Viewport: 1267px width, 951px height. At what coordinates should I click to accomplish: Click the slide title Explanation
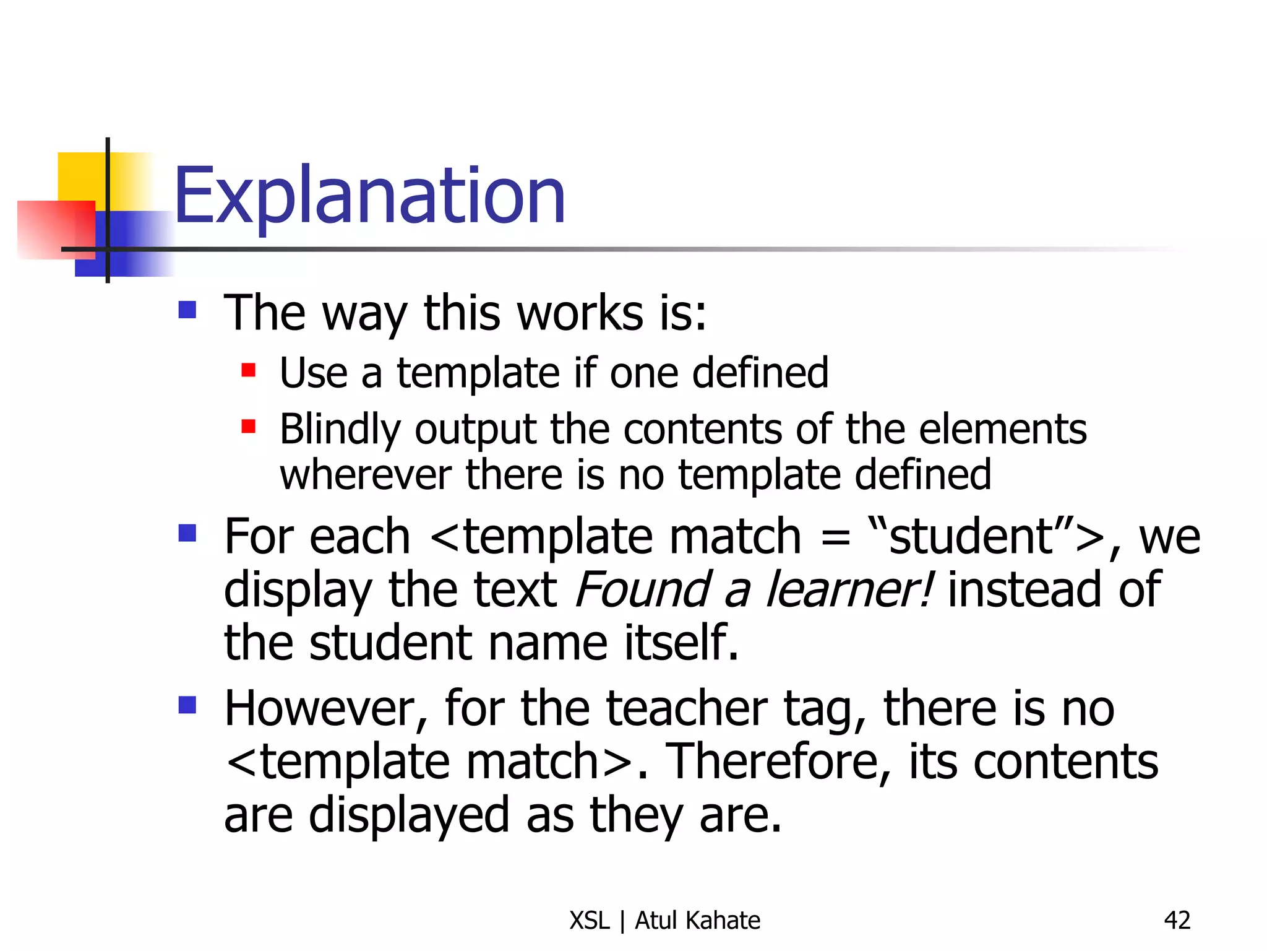[369, 197]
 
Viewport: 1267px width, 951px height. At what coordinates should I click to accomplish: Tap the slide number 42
[1177, 920]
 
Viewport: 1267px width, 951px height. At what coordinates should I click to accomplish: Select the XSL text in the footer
[590, 920]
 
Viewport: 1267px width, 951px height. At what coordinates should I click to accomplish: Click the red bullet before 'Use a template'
[249, 370]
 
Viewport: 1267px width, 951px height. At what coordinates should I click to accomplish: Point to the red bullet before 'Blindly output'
[249, 427]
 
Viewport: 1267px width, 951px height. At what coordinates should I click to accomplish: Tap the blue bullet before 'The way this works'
[187, 310]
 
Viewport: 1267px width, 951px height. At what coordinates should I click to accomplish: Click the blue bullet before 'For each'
[187, 533]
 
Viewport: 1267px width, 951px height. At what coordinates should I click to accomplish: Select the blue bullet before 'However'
[187, 705]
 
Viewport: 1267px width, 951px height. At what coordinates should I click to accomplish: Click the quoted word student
[972, 536]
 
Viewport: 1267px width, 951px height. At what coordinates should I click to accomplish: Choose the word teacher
[687, 708]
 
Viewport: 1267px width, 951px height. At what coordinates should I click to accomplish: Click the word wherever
[365, 475]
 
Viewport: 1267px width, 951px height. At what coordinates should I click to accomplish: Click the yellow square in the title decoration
[81, 176]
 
